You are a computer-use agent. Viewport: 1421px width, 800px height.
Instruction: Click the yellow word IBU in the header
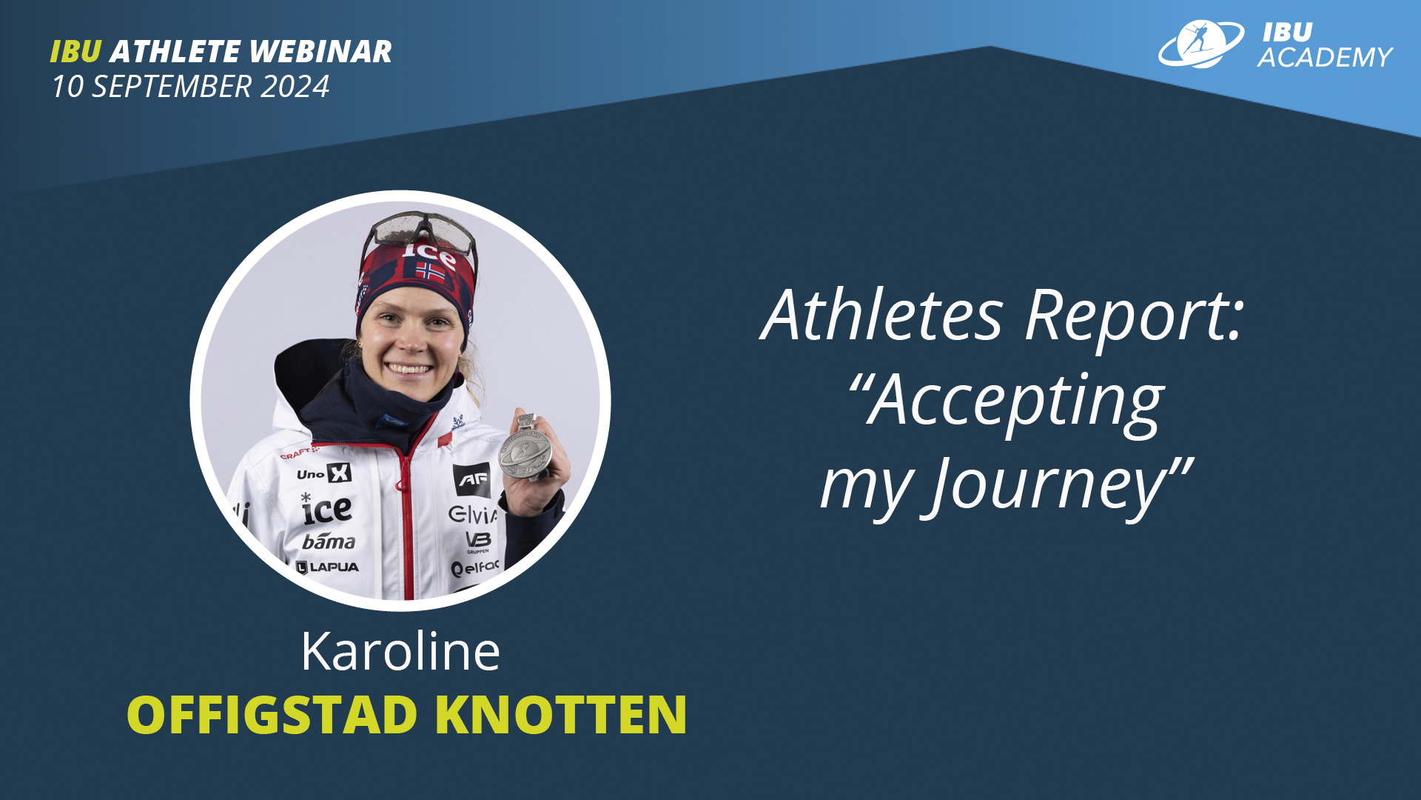(75, 52)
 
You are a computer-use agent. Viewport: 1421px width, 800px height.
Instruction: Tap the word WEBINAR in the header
(320, 52)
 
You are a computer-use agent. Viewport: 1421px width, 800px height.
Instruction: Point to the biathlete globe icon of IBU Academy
(1200, 44)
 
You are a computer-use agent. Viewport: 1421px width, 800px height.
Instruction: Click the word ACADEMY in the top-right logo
(1325, 57)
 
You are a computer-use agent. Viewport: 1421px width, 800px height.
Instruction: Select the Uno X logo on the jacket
(323, 473)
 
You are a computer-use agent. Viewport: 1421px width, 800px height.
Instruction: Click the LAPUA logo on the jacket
(327, 567)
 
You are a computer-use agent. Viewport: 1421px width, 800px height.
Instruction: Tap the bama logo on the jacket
(329, 541)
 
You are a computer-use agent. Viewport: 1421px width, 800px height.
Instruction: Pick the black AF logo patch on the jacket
(471, 480)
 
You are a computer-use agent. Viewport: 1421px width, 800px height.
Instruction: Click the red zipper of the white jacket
(406, 519)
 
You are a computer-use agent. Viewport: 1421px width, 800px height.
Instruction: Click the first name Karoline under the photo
(400, 652)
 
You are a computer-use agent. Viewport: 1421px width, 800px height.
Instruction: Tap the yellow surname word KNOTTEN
(561, 715)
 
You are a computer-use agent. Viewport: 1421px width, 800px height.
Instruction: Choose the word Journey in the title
(1048, 486)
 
